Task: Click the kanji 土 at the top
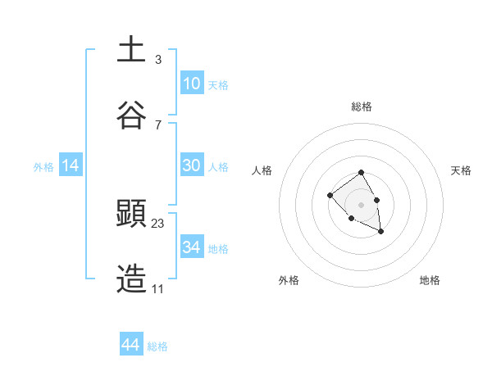pyautogui.click(x=131, y=49)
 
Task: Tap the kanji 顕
pyautogui.click(x=131, y=214)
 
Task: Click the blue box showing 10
pyautogui.click(x=191, y=84)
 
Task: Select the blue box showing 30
pyautogui.click(x=191, y=165)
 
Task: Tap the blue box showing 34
pyautogui.click(x=191, y=247)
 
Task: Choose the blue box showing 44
pyautogui.click(x=130, y=345)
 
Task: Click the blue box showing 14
pyautogui.click(x=71, y=165)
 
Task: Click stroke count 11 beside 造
pyautogui.click(x=157, y=288)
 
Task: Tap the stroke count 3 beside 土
pyautogui.click(x=157, y=59)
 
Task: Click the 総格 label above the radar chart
pyautogui.click(x=362, y=106)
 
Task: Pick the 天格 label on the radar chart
pyautogui.click(x=461, y=170)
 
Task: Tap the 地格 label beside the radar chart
pyautogui.click(x=430, y=280)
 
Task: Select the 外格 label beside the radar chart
pyautogui.click(x=289, y=280)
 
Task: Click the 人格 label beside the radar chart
pyautogui.click(x=262, y=170)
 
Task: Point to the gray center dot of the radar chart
pyautogui.click(x=361, y=204)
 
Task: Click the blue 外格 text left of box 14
pyautogui.click(x=43, y=166)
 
